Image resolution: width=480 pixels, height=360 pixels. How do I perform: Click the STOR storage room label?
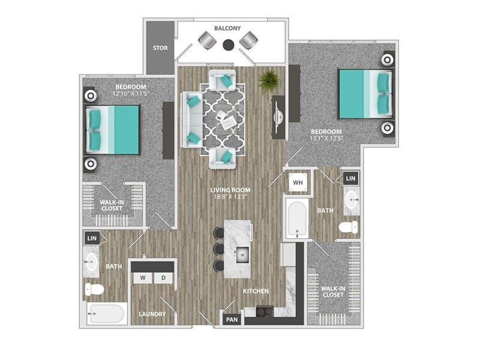point(160,48)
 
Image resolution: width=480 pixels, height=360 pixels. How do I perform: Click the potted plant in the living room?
point(268,79)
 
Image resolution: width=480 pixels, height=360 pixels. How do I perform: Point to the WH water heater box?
point(297,181)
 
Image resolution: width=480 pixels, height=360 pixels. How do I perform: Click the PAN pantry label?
point(232,320)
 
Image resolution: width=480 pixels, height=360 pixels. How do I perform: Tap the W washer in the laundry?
point(143,278)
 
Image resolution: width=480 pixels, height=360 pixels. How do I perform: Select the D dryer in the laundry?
point(163,278)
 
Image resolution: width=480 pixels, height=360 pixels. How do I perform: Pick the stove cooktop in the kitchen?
point(265,311)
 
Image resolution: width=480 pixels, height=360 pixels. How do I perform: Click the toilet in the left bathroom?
point(94,290)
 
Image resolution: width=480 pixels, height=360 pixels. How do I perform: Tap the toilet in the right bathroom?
point(349,227)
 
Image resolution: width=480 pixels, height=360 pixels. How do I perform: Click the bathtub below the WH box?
point(296,218)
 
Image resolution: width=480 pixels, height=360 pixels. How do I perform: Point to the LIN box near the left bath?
point(92,238)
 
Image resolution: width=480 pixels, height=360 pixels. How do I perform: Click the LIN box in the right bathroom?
point(350,178)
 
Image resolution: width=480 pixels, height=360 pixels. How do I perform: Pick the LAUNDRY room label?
point(152,314)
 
